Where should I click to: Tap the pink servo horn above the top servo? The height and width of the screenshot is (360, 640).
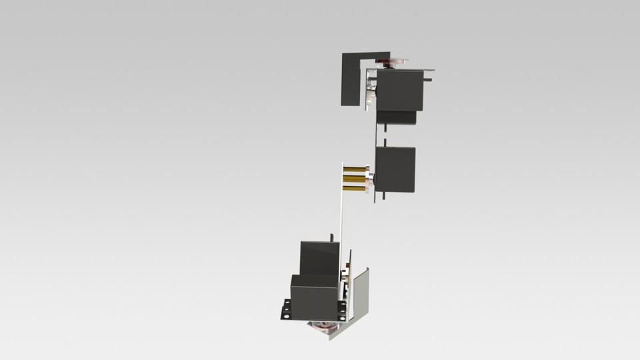389,63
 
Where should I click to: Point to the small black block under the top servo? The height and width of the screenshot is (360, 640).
397,117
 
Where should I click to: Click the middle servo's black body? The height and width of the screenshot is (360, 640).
395,169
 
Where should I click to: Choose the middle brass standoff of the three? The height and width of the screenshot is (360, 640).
359,177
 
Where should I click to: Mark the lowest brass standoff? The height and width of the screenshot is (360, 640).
359,187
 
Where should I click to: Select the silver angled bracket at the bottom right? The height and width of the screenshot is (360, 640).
361,296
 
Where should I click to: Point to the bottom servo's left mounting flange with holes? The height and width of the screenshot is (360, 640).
285,310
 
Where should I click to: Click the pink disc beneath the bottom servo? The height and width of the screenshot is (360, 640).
323,327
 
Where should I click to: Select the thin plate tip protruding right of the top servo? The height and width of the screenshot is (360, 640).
431,69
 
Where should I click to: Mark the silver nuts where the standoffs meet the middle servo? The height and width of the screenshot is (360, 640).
372,178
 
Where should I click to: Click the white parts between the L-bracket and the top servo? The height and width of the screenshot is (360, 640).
370,93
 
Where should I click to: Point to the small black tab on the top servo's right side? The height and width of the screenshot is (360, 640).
428,81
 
